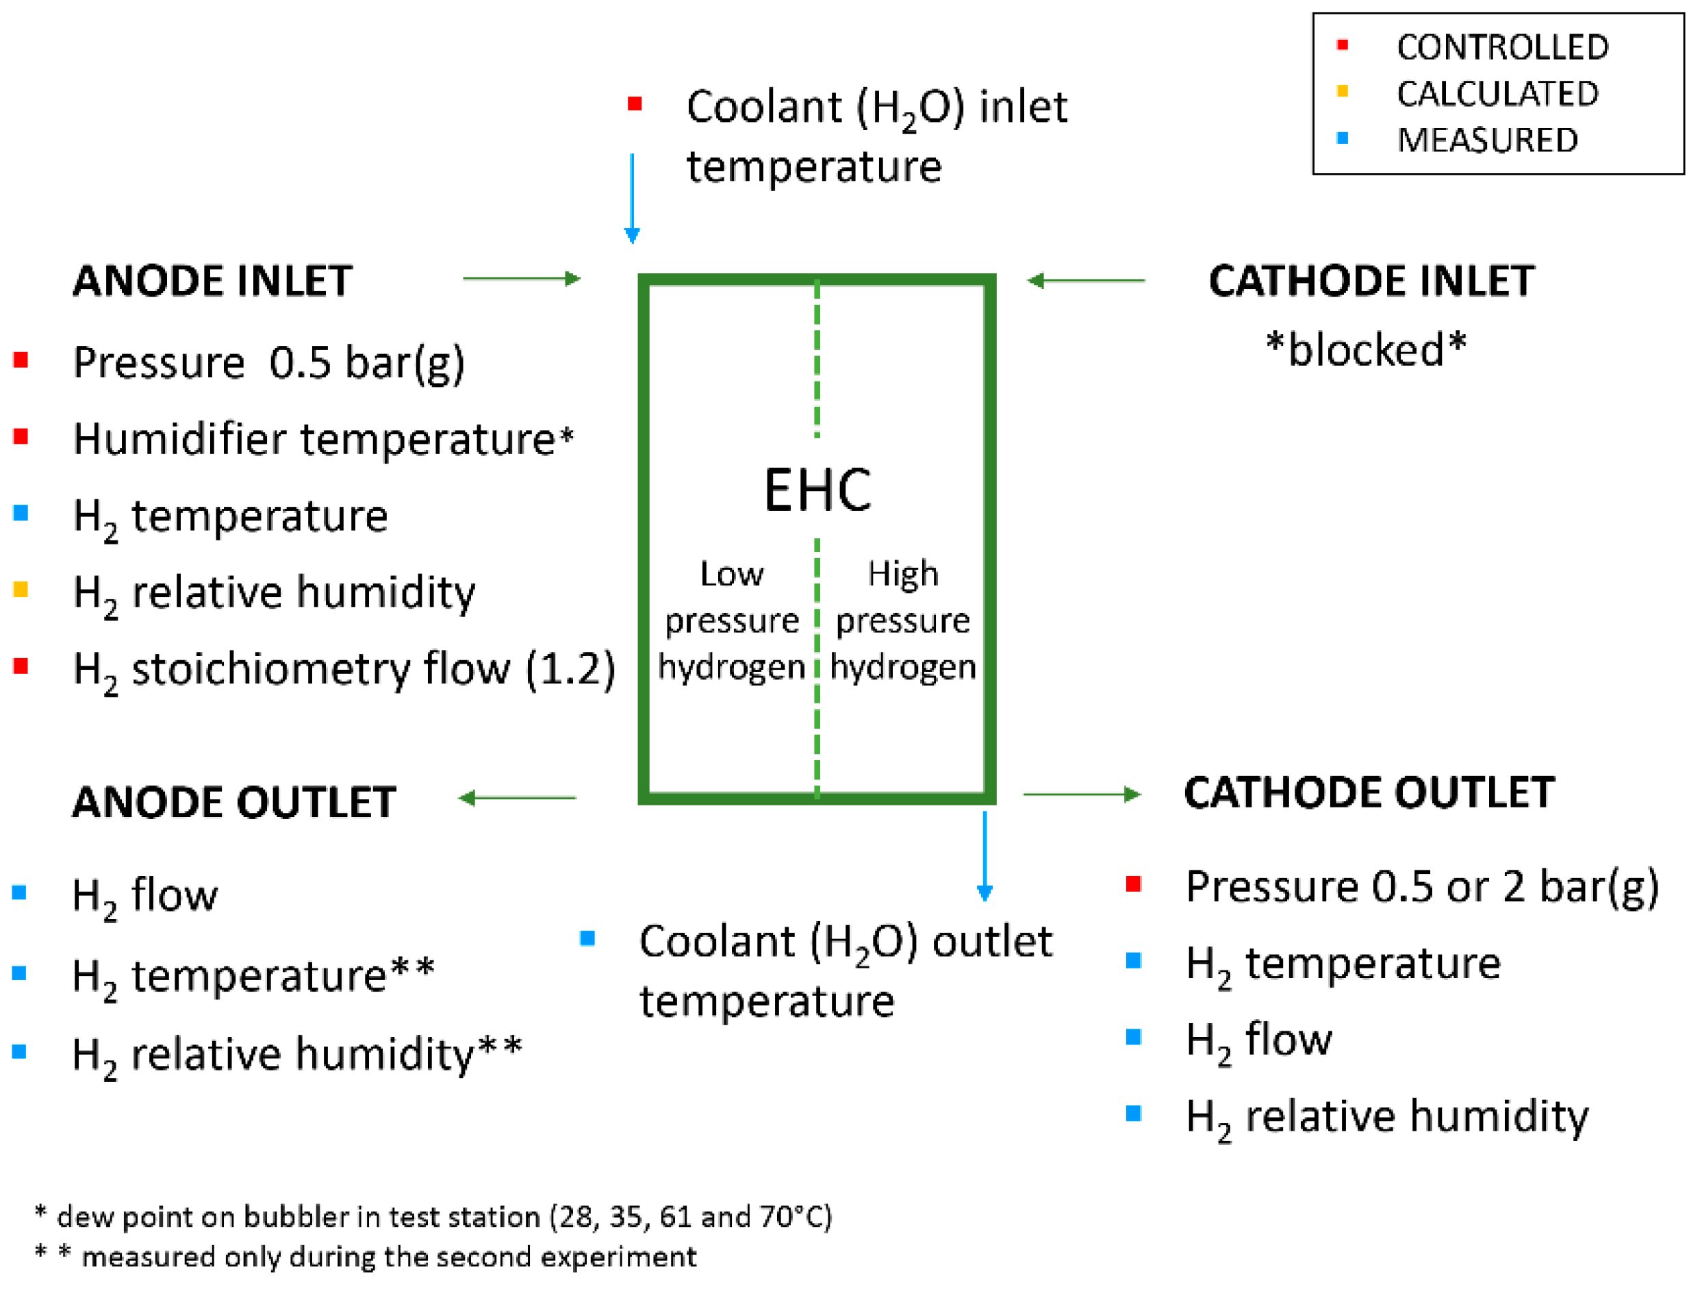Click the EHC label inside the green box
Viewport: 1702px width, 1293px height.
(817, 490)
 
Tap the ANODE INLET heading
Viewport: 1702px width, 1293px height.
(212, 281)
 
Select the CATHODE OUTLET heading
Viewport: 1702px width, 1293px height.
(1369, 793)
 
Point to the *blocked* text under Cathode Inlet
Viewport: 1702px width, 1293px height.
(1366, 350)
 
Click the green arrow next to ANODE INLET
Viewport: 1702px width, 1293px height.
(521, 279)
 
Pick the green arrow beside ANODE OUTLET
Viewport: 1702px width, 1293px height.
(517, 798)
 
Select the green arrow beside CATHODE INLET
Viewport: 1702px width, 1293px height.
(1086, 281)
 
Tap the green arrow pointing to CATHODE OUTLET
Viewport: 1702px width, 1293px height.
(1081, 794)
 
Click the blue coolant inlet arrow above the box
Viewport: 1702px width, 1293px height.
(632, 199)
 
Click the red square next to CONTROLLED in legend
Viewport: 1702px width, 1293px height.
(1343, 45)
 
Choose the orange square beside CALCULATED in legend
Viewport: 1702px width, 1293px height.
(1343, 92)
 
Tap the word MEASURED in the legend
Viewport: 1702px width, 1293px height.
(1486, 140)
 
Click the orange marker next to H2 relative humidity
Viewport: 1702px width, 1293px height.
(21, 590)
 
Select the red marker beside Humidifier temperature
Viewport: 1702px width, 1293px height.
(21, 437)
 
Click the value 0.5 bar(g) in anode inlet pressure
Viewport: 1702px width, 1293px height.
(366, 362)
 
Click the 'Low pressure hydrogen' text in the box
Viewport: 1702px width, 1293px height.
(731, 620)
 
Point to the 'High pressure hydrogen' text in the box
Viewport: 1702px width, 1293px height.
(902, 620)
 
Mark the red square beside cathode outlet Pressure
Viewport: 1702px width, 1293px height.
(1132, 883)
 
